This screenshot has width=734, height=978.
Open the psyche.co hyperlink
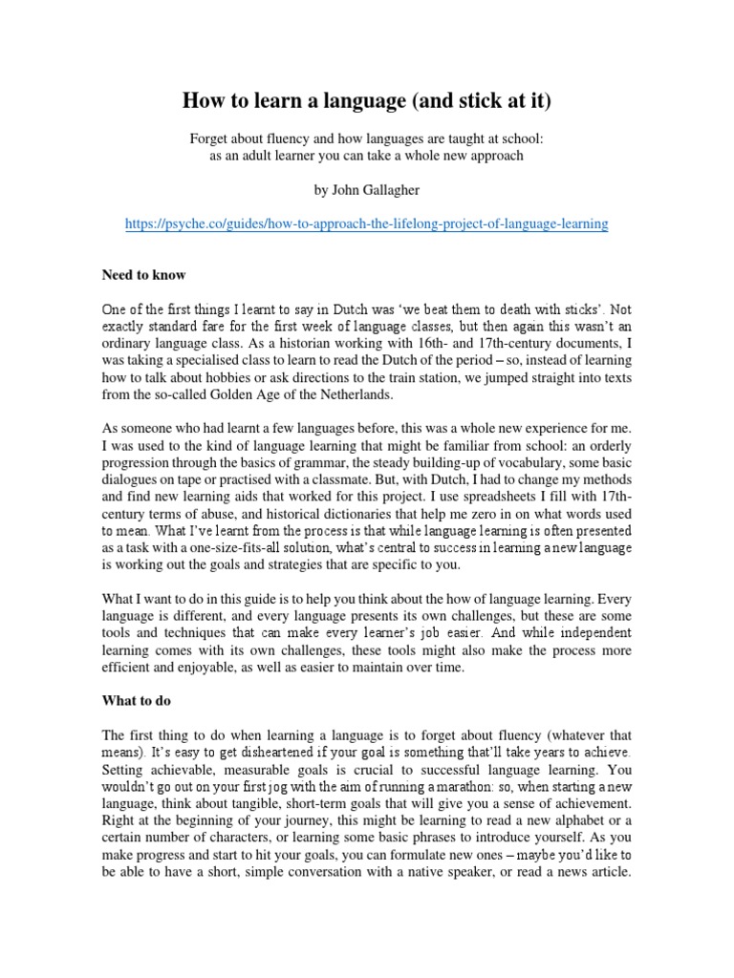coord(367,223)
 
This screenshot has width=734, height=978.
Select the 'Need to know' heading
coord(144,275)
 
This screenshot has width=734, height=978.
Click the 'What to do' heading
coord(138,700)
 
